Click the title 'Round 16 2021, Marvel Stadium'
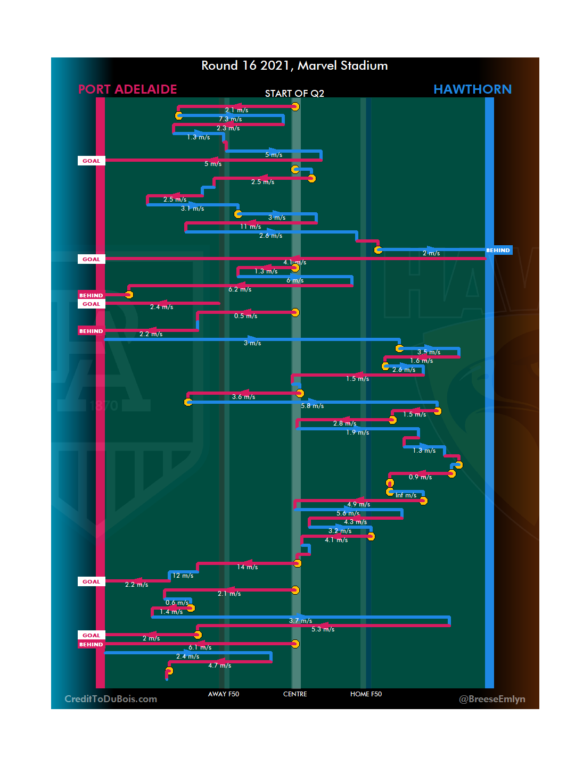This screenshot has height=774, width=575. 294,65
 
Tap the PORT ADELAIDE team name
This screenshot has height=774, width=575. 128,89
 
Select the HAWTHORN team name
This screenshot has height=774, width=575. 472,89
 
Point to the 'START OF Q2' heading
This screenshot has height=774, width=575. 294,94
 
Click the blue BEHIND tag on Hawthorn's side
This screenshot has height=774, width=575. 498,250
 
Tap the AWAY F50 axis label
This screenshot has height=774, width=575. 224,694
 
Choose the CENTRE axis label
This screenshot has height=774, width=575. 295,694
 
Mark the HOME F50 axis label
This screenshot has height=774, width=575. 366,694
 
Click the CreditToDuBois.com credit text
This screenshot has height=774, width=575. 111,699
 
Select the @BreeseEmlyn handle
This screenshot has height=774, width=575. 492,699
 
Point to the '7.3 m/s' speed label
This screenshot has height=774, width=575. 231,119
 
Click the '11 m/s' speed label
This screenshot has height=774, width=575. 250,227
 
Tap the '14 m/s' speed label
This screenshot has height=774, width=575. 248,567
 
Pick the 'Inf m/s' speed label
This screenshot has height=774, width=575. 406,495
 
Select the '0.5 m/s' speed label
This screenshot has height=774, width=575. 246,316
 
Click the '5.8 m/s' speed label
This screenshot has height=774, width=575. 313,406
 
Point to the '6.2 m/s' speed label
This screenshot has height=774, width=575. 240,289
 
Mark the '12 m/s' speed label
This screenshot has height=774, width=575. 183,576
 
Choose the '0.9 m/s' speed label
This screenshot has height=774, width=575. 420,477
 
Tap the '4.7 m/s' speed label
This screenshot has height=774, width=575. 220,665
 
